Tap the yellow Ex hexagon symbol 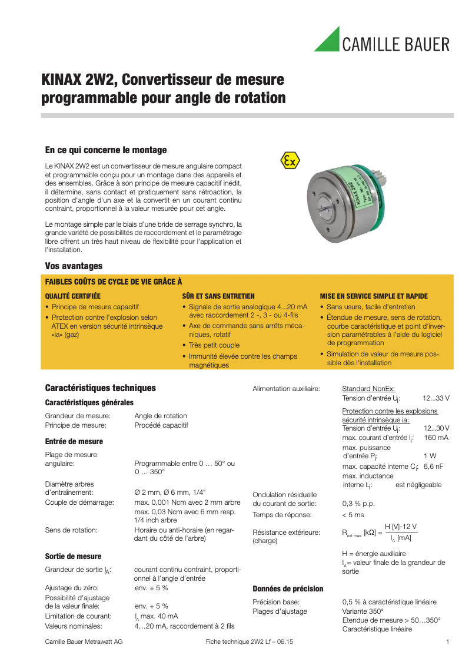(x=289, y=160)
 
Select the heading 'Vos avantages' (x=74, y=266)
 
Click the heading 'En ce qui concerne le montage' (x=106, y=150)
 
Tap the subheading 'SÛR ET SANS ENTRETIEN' (x=218, y=296)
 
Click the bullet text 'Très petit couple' (x=214, y=345)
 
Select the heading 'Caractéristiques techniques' (x=101, y=388)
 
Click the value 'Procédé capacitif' (x=161, y=425)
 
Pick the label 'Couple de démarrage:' (x=79, y=502)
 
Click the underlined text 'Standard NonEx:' (x=368, y=389)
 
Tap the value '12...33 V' (x=437, y=398)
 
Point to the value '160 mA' (x=436, y=438)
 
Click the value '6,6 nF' (x=433, y=467)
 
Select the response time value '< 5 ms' (x=353, y=515)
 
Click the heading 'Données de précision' (x=288, y=588)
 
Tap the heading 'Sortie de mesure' (x=73, y=556)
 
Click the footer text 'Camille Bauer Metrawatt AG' (x=84, y=641)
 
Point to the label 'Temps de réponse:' (x=284, y=515)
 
